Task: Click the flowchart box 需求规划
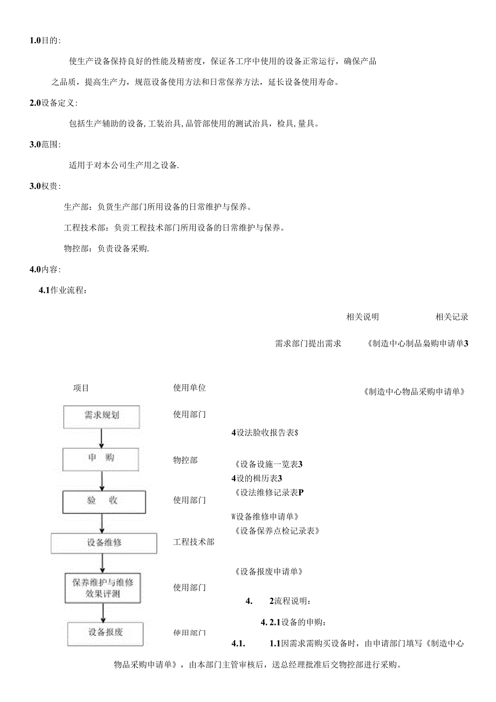(x=102, y=415)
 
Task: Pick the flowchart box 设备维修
(x=104, y=543)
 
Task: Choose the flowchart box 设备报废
(x=106, y=632)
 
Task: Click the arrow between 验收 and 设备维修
(x=102, y=522)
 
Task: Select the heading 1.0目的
(x=45, y=41)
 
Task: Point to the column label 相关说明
(x=362, y=317)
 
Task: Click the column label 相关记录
(x=452, y=317)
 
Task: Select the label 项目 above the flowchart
(x=81, y=388)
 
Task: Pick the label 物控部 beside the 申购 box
(x=185, y=460)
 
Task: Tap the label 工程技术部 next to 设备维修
(x=194, y=542)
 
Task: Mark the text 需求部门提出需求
(x=308, y=343)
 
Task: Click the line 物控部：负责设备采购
(x=106, y=249)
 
